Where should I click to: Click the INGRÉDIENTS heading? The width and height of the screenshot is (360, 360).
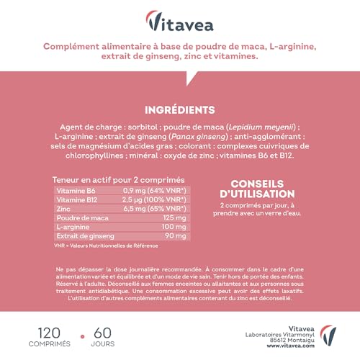click(180, 110)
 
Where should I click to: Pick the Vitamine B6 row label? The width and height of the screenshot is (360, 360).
click(75, 189)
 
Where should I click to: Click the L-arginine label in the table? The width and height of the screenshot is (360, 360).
click(73, 226)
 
